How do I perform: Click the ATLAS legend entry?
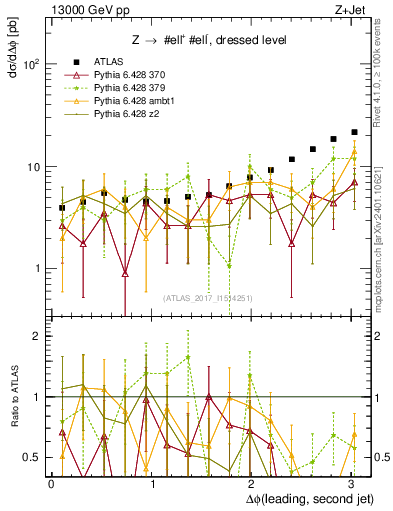(x=108, y=62)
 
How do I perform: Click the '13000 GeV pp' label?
(x=81, y=8)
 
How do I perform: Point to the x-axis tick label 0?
(x=51, y=482)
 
